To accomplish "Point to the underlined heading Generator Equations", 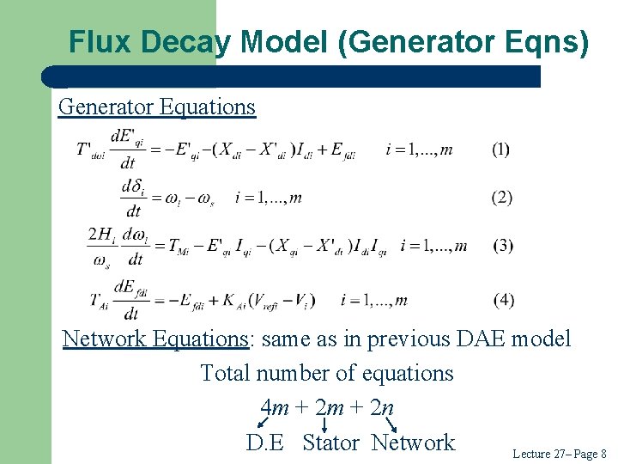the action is click(x=157, y=107).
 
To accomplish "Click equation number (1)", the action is click(x=500, y=150).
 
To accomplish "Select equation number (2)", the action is click(x=501, y=198).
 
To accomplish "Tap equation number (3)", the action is click(x=503, y=246).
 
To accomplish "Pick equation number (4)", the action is click(x=504, y=300).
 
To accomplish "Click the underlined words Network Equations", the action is click(x=155, y=339).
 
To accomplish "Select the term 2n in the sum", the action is click(x=382, y=406).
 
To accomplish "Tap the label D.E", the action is click(x=264, y=443).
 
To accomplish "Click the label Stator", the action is click(x=330, y=443).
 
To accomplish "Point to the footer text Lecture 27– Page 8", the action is click(x=559, y=453).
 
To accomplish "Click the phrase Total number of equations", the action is click(x=326, y=374).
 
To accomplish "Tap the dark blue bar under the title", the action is click(x=292, y=76).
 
